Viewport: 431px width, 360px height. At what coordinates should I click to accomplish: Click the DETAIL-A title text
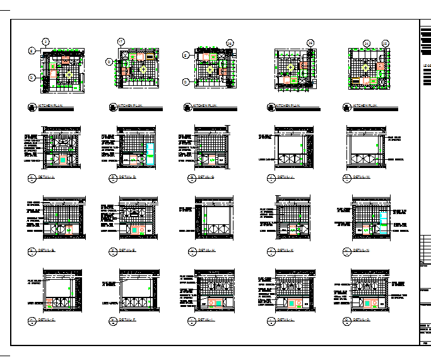point(47,177)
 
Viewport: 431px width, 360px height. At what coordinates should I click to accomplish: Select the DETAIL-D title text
point(127,177)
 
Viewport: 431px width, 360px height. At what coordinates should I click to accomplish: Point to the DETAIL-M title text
point(362,177)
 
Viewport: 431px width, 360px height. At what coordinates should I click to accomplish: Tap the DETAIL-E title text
point(127,251)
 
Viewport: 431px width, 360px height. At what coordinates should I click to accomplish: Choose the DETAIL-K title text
point(286,251)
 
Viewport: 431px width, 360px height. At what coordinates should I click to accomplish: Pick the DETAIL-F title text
point(127,321)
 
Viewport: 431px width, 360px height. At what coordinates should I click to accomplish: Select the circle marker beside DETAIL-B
point(32,251)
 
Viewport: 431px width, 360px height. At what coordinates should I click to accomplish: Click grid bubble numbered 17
point(121,42)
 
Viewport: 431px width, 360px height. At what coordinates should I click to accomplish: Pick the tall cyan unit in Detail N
point(383,219)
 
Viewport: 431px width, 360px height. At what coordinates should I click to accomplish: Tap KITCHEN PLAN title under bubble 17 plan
point(130,105)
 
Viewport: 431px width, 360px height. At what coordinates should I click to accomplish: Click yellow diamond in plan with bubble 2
point(66,68)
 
